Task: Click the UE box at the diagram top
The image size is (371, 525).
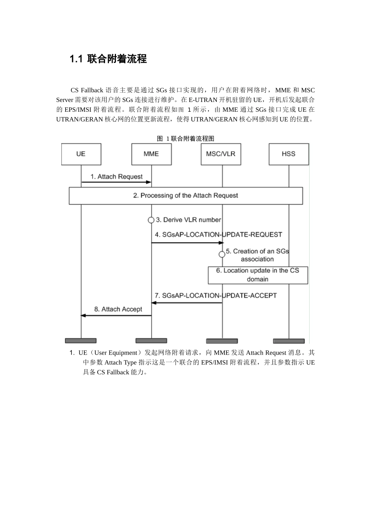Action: [x=81, y=154]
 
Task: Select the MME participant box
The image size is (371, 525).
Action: [x=151, y=154]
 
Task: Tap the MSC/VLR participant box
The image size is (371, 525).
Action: [x=221, y=154]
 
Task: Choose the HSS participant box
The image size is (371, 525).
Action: [x=289, y=154]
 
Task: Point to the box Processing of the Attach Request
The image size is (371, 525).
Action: [x=185, y=196]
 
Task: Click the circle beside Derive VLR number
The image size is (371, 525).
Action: [x=151, y=220]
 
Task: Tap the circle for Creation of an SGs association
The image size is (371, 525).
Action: [x=222, y=254]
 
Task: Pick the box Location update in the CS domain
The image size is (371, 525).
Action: [x=258, y=275]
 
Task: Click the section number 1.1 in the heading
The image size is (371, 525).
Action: [x=76, y=59]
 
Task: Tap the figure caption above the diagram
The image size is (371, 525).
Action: [x=185, y=139]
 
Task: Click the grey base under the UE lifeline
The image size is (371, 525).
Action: [x=81, y=341]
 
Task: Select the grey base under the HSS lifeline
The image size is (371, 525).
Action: [x=289, y=341]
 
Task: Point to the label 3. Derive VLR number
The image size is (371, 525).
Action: [x=189, y=220]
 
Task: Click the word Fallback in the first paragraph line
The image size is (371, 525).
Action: [x=92, y=90]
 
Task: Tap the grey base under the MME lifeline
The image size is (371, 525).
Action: [x=151, y=341]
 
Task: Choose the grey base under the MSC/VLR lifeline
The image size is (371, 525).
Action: [x=222, y=341]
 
